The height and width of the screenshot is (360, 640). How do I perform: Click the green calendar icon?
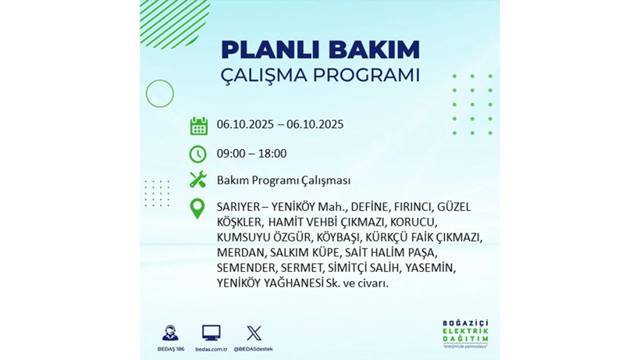[198, 126]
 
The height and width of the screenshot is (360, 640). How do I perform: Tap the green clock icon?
[198, 154]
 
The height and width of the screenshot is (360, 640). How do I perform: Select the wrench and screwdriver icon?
[198, 180]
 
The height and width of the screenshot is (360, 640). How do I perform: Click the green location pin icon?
[198, 209]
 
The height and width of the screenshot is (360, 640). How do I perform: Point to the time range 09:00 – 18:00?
[251, 154]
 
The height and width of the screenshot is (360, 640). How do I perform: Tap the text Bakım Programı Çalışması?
[283, 180]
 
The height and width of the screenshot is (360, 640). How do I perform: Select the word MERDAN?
[240, 252]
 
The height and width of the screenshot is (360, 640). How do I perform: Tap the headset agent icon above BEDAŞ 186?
[169, 333]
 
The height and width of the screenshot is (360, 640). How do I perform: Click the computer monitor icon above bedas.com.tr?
[211, 333]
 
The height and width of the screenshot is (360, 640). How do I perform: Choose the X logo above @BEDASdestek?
[253, 333]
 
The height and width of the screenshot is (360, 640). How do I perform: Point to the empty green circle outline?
[160, 94]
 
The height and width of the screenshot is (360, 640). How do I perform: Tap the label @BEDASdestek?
[253, 349]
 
